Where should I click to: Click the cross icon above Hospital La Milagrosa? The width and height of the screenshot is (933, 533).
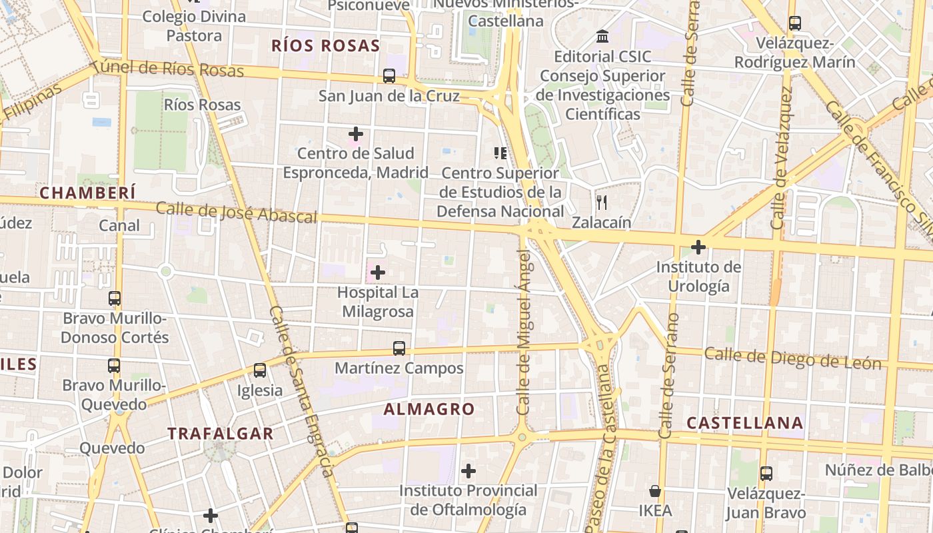pyautogui.click(x=378, y=272)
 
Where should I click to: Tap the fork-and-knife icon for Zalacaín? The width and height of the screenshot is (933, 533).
pyautogui.click(x=602, y=202)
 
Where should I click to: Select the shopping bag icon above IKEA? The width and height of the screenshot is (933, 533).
pyautogui.click(x=655, y=492)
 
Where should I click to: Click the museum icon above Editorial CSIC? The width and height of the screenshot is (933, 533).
pyautogui.click(x=603, y=36)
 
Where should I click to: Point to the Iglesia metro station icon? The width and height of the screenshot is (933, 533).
pyautogui.click(x=260, y=370)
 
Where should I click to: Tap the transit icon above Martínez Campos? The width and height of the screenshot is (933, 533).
pyautogui.click(x=399, y=348)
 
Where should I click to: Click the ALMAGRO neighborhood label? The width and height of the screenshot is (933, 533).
pyautogui.click(x=429, y=409)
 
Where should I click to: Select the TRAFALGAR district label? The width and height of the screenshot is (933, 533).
pyautogui.click(x=221, y=433)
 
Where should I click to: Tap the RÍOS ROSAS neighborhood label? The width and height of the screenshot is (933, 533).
pyautogui.click(x=325, y=46)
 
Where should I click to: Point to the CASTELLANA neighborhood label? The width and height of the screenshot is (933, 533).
pyautogui.click(x=744, y=423)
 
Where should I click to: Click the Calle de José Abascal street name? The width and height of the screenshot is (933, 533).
pyautogui.click(x=236, y=213)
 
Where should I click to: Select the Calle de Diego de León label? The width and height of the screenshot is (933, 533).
pyautogui.click(x=792, y=358)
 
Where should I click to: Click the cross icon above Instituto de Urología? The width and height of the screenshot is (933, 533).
pyautogui.click(x=698, y=248)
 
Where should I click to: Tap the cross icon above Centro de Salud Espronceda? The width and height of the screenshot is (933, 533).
pyautogui.click(x=356, y=134)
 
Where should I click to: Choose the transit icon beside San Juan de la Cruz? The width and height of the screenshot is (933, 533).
pyautogui.click(x=389, y=76)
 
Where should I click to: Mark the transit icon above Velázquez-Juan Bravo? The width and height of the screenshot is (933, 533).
pyautogui.click(x=766, y=474)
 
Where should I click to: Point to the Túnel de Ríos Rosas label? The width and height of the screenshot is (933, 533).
pyautogui.click(x=167, y=68)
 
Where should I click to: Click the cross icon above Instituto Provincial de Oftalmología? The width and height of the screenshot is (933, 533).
pyautogui.click(x=468, y=471)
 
